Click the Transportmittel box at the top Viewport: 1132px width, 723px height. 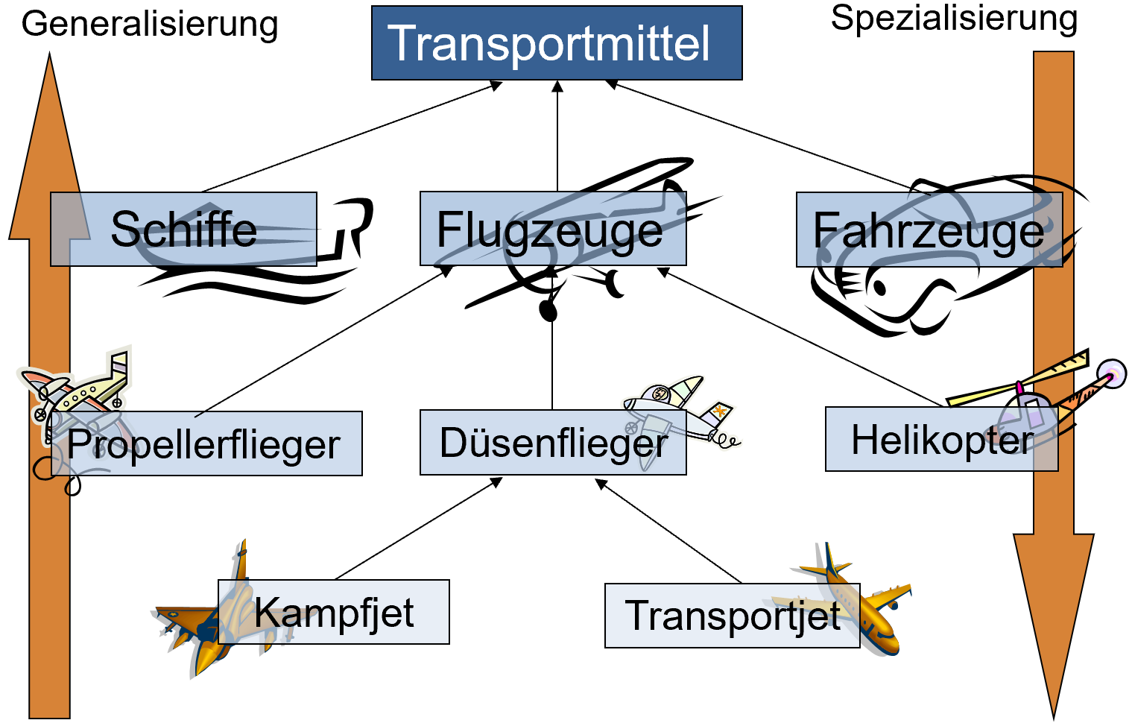pos(557,43)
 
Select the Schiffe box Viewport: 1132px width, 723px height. pos(183,229)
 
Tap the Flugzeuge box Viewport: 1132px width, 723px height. pos(553,229)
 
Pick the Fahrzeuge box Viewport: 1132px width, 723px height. pos(929,230)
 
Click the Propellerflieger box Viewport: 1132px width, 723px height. pos(206,443)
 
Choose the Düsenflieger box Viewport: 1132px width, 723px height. pos(553,443)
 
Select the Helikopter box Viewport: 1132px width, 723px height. pos(941,439)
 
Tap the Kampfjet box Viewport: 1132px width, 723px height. pos(334,612)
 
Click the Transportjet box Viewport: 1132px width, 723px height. pos(733,616)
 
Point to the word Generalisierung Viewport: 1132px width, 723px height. pos(150,24)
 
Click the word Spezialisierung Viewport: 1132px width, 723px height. pos(954,19)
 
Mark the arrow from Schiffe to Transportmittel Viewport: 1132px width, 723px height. pos(352,137)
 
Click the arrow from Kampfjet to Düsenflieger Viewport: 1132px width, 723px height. pos(418,528)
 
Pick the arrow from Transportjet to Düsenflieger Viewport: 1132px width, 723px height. pos(668,531)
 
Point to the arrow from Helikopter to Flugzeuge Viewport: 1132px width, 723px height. pos(800,337)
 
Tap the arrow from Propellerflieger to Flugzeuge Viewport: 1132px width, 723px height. pos(324,341)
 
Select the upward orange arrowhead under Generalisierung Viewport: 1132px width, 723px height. pos(49,147)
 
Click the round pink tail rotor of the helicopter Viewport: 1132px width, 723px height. pos(1112,375)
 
